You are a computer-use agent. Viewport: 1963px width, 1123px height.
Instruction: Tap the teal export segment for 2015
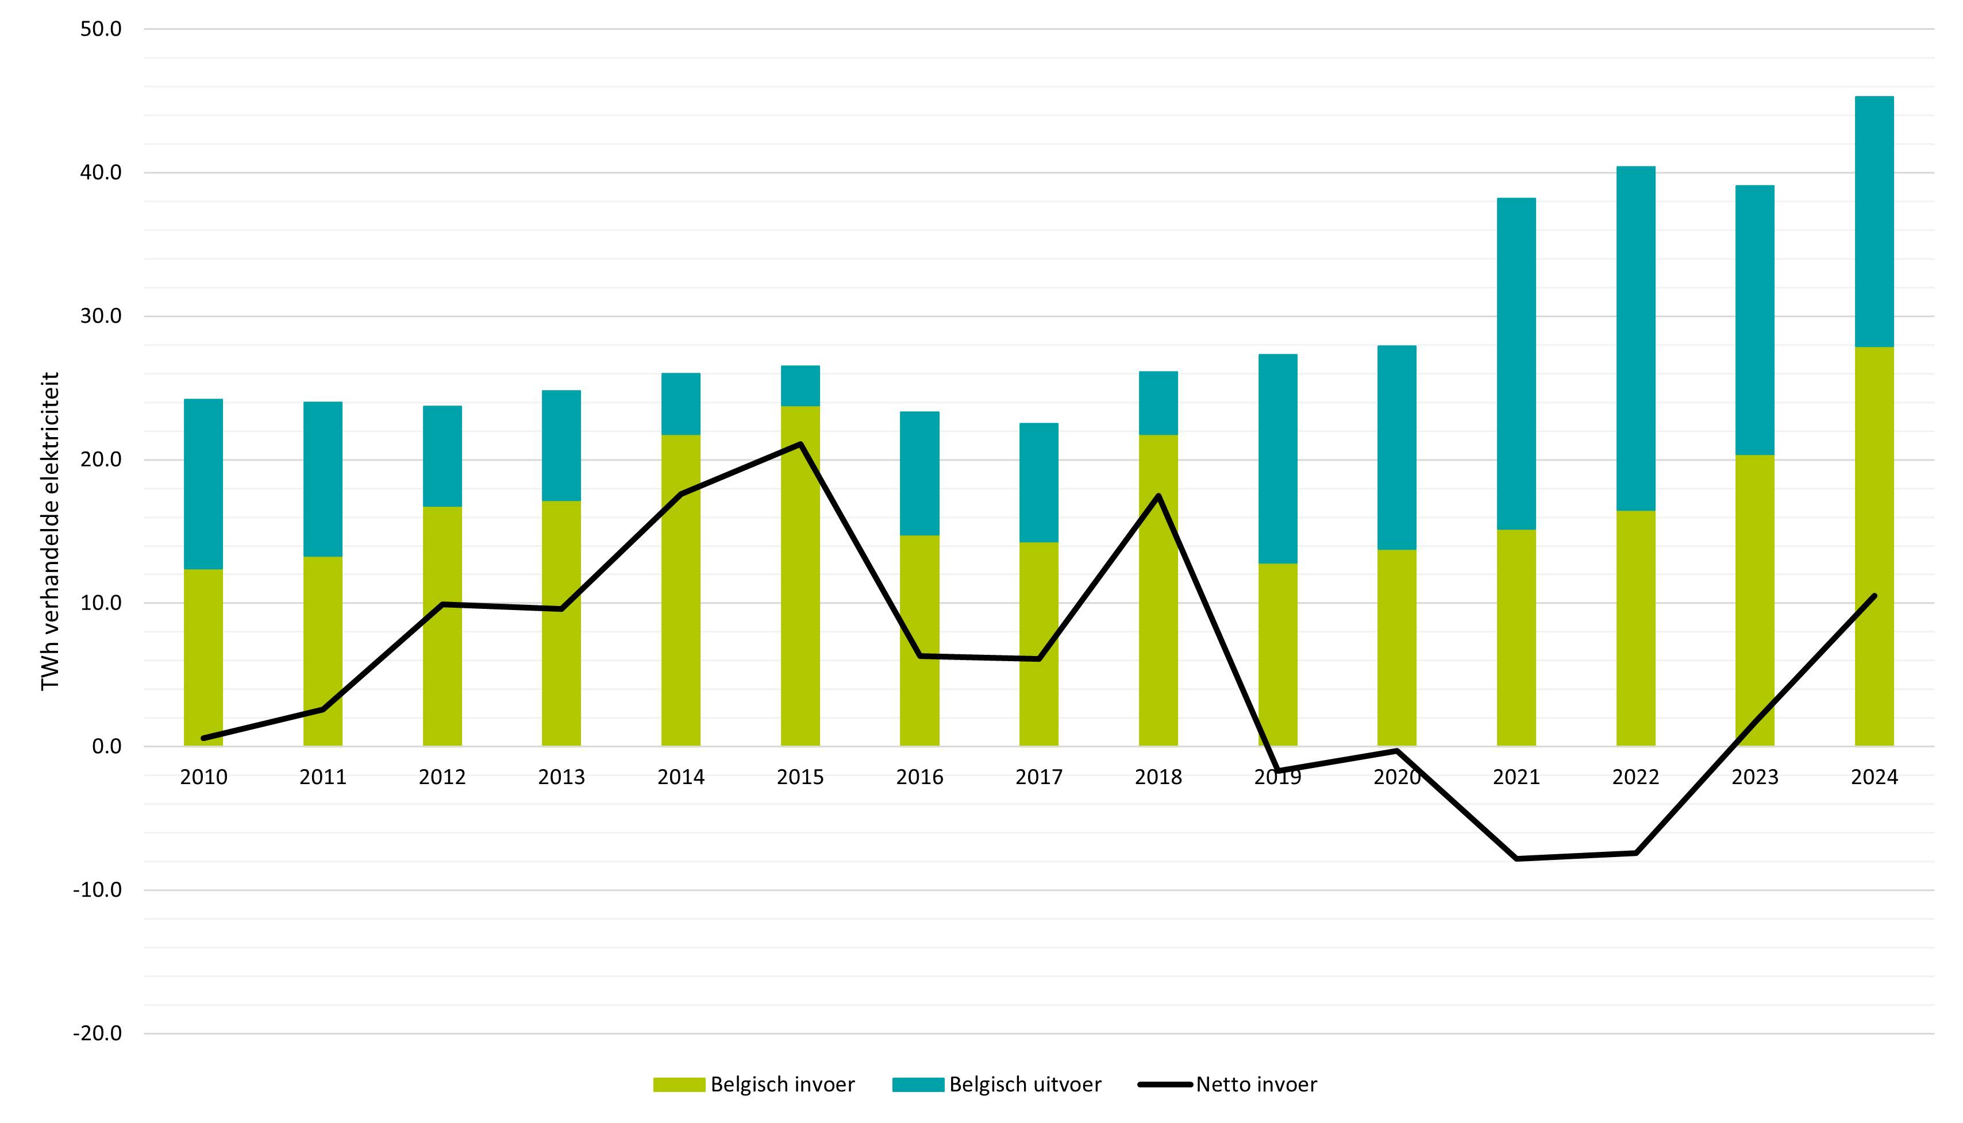coord(800,385)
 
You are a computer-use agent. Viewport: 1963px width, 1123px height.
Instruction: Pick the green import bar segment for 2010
coord(203,657)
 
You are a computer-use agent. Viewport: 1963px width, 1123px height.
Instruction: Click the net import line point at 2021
coord(1516,858)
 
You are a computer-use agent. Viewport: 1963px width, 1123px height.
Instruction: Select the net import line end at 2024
coord(1875,596)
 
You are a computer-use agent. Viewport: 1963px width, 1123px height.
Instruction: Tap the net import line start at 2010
coord(203,738)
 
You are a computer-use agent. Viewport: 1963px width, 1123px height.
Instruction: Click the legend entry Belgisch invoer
coord(754,1085)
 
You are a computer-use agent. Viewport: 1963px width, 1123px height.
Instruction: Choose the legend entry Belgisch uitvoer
coord(997,1085)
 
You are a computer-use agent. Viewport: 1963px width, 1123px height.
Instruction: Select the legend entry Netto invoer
coord(1227,1085)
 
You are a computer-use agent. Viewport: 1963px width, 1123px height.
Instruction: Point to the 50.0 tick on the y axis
coord(101,29)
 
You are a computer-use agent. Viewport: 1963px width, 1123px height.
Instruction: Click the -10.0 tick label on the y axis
coord(97,890)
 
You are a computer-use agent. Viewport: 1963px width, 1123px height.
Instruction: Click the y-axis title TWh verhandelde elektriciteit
coord(50,531)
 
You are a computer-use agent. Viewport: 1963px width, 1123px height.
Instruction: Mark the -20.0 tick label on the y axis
coord(97,1033)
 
